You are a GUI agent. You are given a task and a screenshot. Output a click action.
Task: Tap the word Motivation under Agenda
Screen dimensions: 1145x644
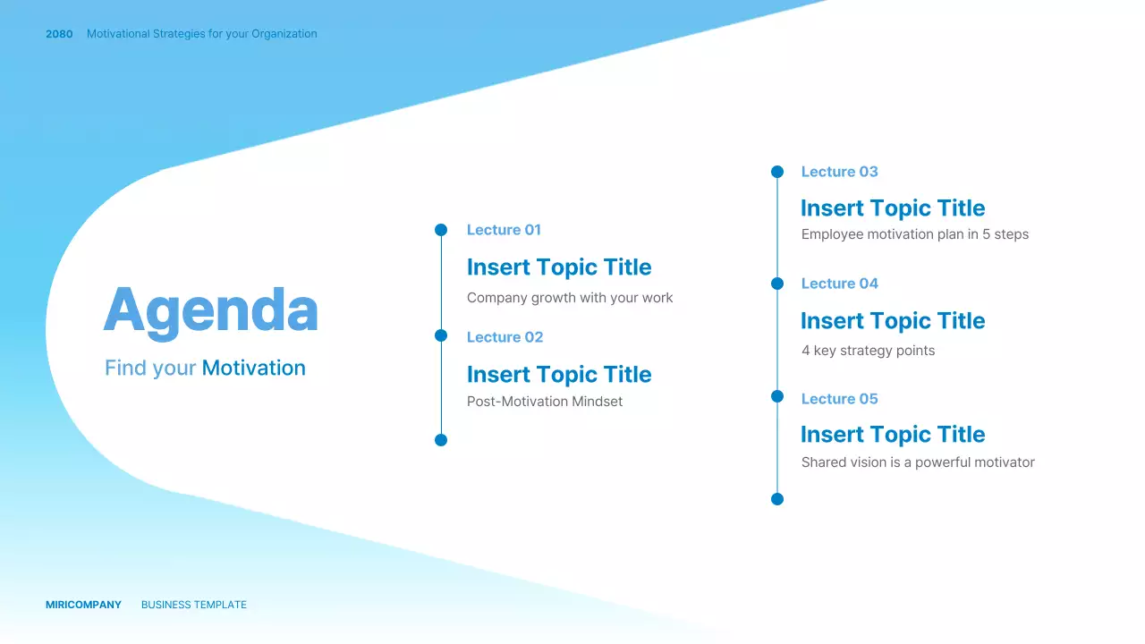(253, 368)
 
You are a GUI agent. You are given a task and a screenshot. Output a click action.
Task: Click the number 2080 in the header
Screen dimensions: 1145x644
(59, 34)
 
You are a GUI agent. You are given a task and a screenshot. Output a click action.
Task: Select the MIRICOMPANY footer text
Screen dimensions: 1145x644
(83, 605)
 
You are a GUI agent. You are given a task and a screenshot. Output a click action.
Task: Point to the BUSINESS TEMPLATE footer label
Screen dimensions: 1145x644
(194, 605)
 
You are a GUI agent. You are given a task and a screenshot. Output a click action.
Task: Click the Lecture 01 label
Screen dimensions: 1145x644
(504, 230)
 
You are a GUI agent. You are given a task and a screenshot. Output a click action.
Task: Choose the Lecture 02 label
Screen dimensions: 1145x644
(505, 337)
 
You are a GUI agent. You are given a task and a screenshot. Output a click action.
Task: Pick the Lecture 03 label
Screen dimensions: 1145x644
(839, 172)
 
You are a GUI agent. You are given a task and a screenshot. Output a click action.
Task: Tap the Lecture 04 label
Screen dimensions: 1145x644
(839, 284)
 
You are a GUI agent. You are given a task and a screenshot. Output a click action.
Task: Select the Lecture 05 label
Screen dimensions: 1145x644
(839, 399)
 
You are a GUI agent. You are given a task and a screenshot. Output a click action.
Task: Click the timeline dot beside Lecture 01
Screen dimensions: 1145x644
(441, 230)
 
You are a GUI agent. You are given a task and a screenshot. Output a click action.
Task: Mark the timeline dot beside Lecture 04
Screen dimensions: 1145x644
(777, 284)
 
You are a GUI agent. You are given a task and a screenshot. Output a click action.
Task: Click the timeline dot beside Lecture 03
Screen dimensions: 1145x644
(777, 172)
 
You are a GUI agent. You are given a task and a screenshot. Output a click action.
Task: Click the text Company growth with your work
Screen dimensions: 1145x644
(570, 298)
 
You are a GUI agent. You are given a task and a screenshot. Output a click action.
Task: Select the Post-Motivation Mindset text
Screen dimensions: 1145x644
(545, 402)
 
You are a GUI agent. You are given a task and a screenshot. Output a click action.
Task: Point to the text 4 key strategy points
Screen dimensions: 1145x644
(868, 351)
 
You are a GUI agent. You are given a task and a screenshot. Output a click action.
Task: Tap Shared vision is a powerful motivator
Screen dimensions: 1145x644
(918, 462)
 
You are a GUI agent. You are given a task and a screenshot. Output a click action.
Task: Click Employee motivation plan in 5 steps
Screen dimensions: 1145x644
(914, 234)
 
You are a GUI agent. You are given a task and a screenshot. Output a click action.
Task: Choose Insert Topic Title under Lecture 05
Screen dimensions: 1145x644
(893, 435)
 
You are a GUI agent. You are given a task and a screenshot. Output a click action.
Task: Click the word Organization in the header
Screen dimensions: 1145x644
(284, 34)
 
